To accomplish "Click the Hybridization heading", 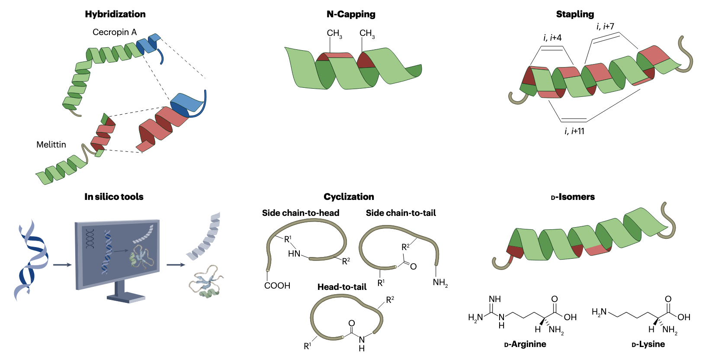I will [x=115, y=14].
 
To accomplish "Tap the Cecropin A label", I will [x=115, y=32].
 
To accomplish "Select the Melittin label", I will [x=51, y=145].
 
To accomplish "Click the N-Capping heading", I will [x=351, y=14].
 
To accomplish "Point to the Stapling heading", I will [x=575, y=14].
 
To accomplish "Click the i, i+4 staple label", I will [x=552, y=38].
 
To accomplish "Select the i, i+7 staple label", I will [x=605, y=27].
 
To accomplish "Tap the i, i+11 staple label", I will [x=574, y=131].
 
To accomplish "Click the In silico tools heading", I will [x=114, y=197].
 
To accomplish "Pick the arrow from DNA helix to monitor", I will [x=62, y=264].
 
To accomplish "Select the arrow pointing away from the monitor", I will [x=176, y=264].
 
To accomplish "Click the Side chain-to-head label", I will [x=301, y=213].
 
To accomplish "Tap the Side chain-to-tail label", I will [x=401, y=213].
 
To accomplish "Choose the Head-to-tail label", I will [x=342, y=287].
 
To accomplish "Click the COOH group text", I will [x=277, y=286].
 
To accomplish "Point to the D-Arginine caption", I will [x=525, y=344].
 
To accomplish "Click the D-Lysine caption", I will [x=648, y=344].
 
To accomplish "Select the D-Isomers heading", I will [x=573, y=197].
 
